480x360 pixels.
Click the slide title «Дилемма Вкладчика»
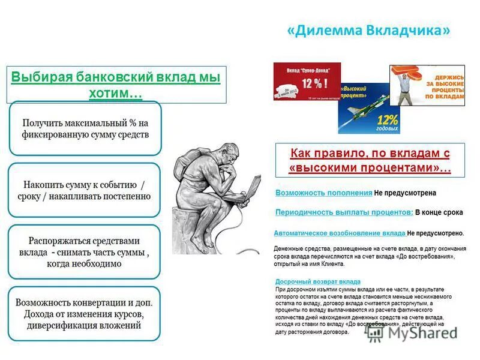pyautogui.click(x=368, y=31)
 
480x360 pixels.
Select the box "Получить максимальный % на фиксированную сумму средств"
pyautogui.click(x=85, y=128)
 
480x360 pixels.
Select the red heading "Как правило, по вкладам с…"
pyautogui.click(x=370, y=160)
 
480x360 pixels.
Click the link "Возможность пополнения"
pyautogui.click(x=324, y=193)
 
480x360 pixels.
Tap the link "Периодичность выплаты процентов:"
pyautogui.click(x=344, y=212)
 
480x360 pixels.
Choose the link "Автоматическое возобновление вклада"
pyautogui.click(x=340, y=232)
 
